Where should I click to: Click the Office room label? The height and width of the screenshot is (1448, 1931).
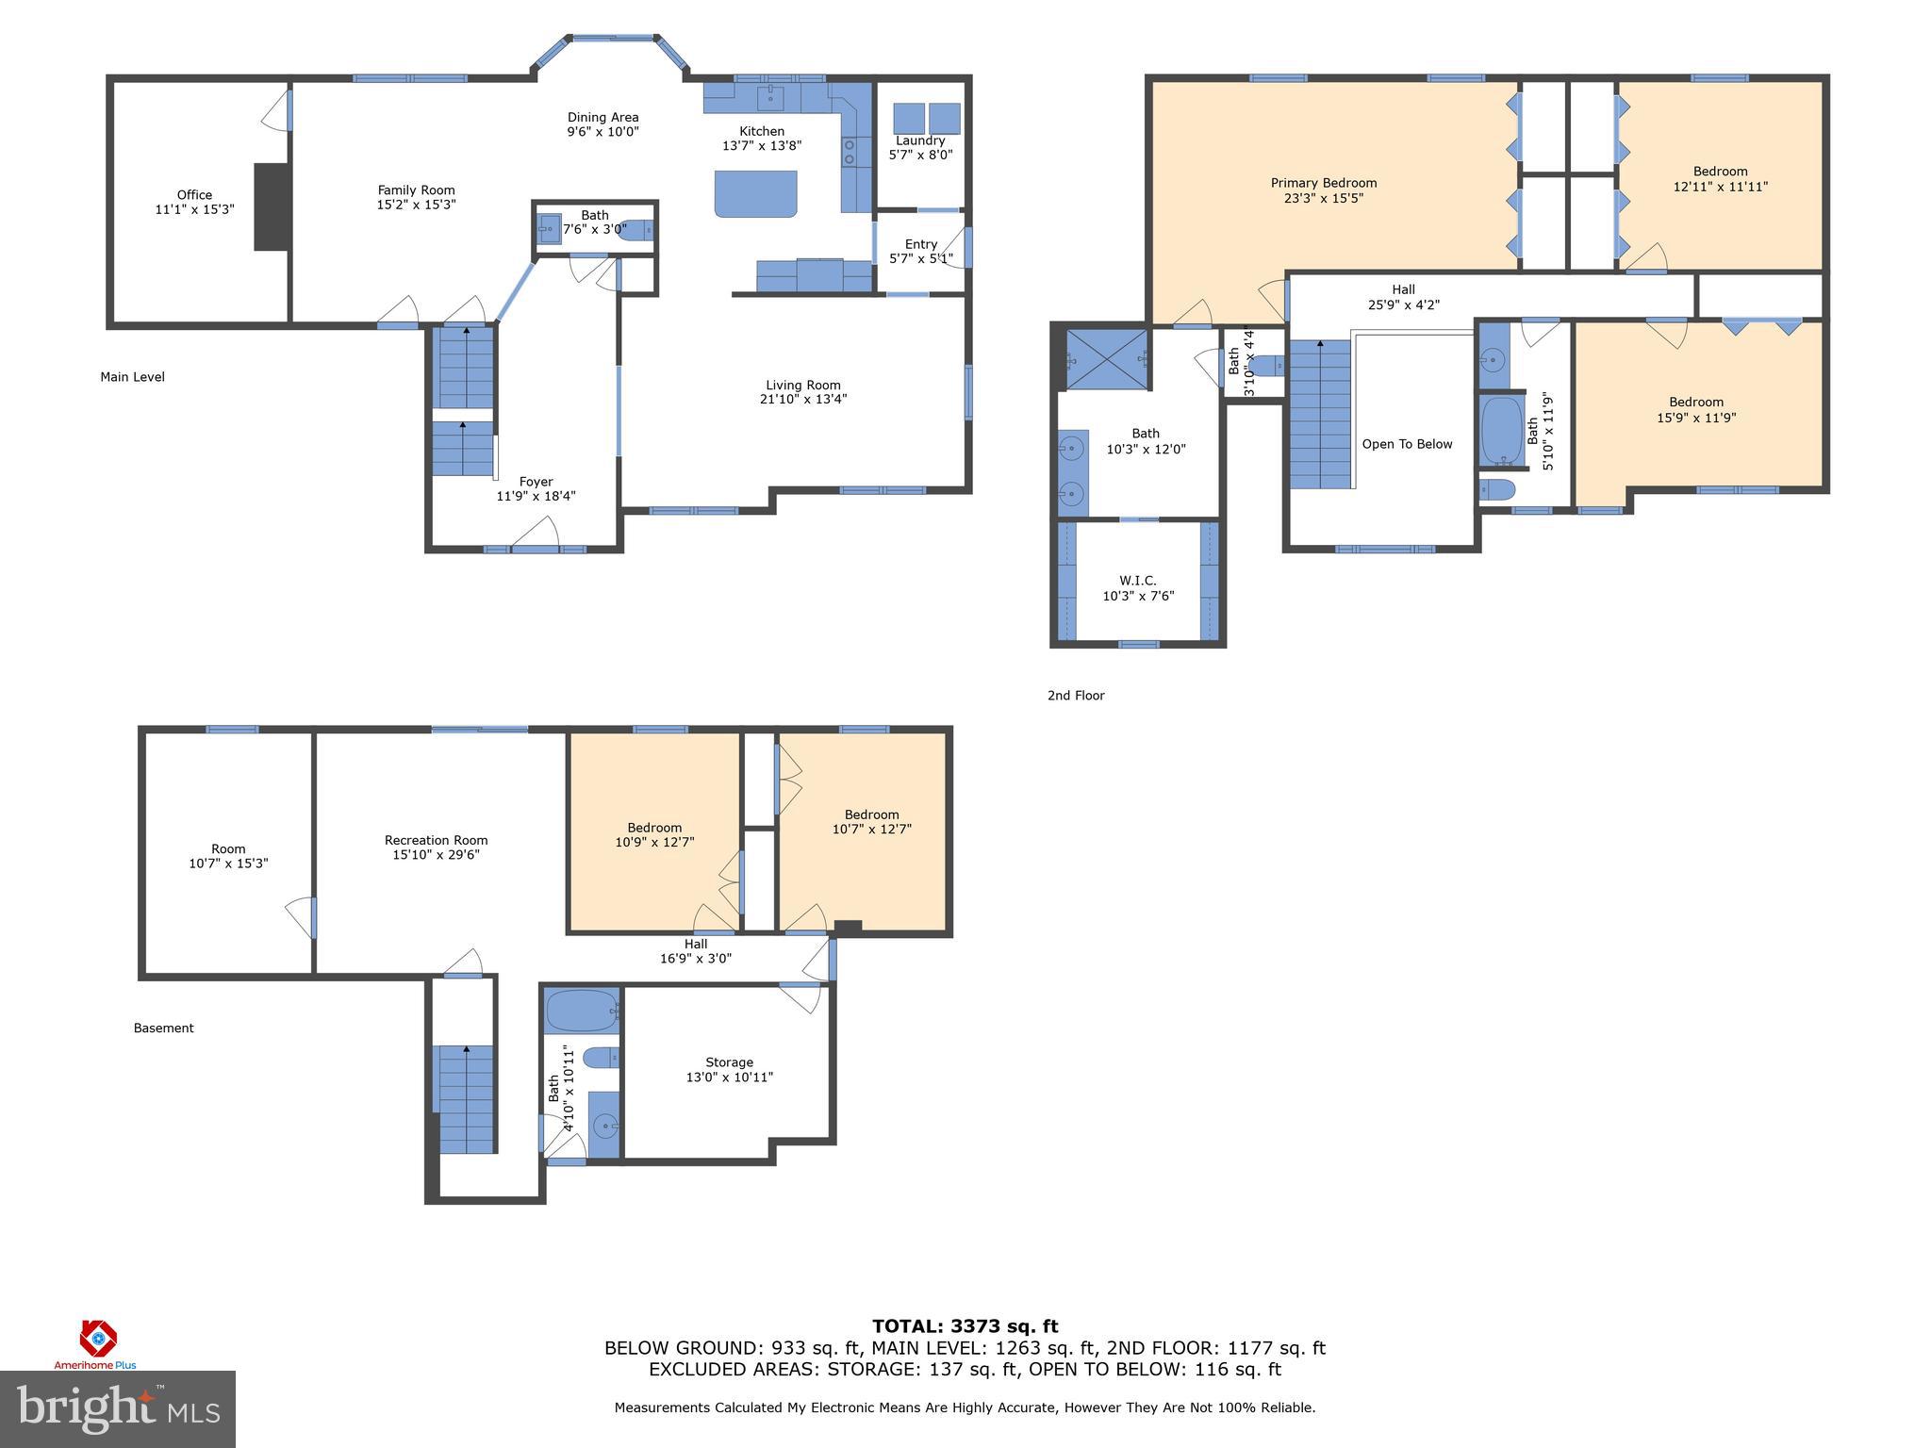pyautogui.click(x=194, y=195)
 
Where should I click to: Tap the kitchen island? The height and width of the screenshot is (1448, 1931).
pyautogui.click(x=756, y=194)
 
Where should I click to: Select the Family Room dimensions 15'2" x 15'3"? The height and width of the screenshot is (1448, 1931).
pyautogui.click(x=416, y=205)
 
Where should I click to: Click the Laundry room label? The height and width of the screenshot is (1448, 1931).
pyautogui.click(x=920, y=140)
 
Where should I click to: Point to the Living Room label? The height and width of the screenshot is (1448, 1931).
pyautogui.click(x=802, y=385)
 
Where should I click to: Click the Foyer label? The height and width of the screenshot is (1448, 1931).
pyautogui.click(x=536, y=482)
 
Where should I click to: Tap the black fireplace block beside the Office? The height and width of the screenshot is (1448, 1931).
pyautogui.click(x=272, y=206)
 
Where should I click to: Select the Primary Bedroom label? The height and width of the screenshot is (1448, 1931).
pyautogui.click(x=1323, y=183)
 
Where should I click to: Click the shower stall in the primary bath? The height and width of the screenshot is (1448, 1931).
pyautogui.click(x=1106, y=359)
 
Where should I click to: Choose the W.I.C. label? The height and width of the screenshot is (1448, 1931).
pyautogui.click(x=1137, y=581)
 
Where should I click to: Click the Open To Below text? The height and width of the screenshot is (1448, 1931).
pyautogui.click(x=1407, y=444)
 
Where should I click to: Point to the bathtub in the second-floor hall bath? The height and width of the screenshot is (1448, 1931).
pyautogui.click(x=1501, y=431)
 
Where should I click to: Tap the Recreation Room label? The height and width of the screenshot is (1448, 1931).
pyautogui.click(x=436, y=840)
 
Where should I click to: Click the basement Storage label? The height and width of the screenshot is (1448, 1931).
pyautogui.click(x=729, y=1062)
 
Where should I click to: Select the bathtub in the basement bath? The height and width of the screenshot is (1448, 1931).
pyautogui.click(x=581, y=1010)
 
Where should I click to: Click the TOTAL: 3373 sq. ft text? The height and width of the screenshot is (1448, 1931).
pyautogui.click(x=965, y=1326)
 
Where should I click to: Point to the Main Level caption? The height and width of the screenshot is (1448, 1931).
pyautogui.click(x=132, y=377)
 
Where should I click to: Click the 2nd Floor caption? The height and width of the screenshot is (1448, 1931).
pyautogui.click(x=1075, y=696)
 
